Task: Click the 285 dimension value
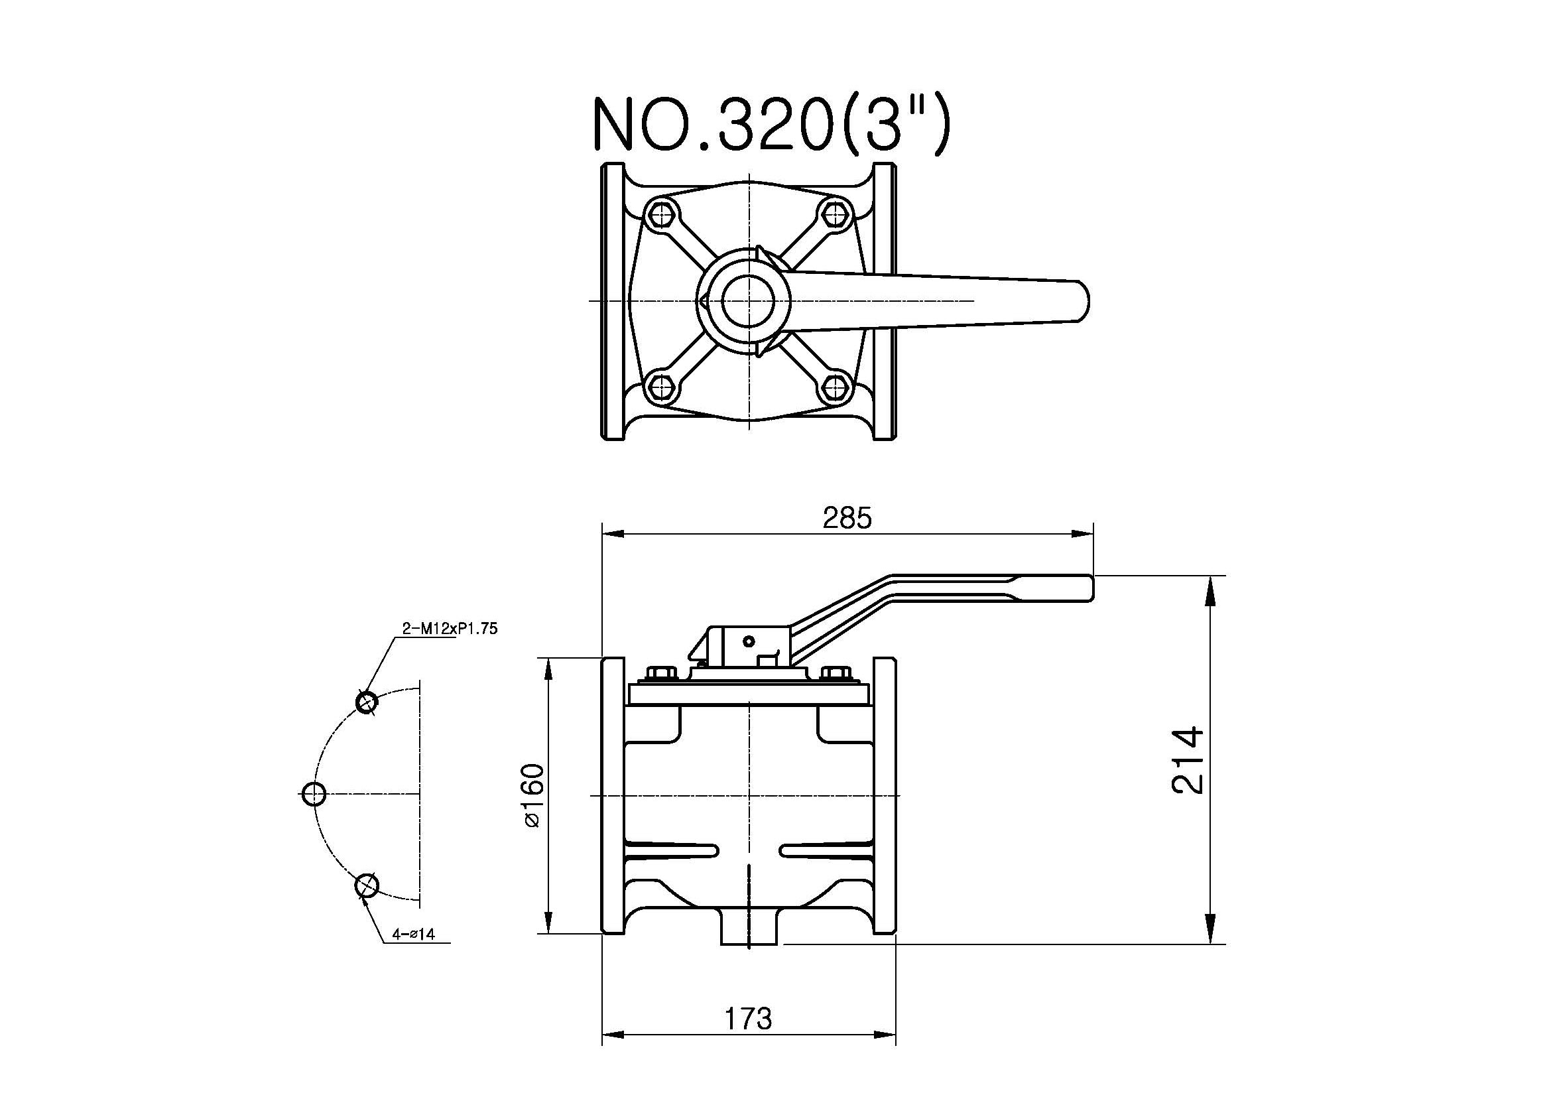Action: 847,518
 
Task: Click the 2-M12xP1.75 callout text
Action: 450,628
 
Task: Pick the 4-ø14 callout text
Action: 413,935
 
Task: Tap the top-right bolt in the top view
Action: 836,215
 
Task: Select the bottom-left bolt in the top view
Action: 660,387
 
